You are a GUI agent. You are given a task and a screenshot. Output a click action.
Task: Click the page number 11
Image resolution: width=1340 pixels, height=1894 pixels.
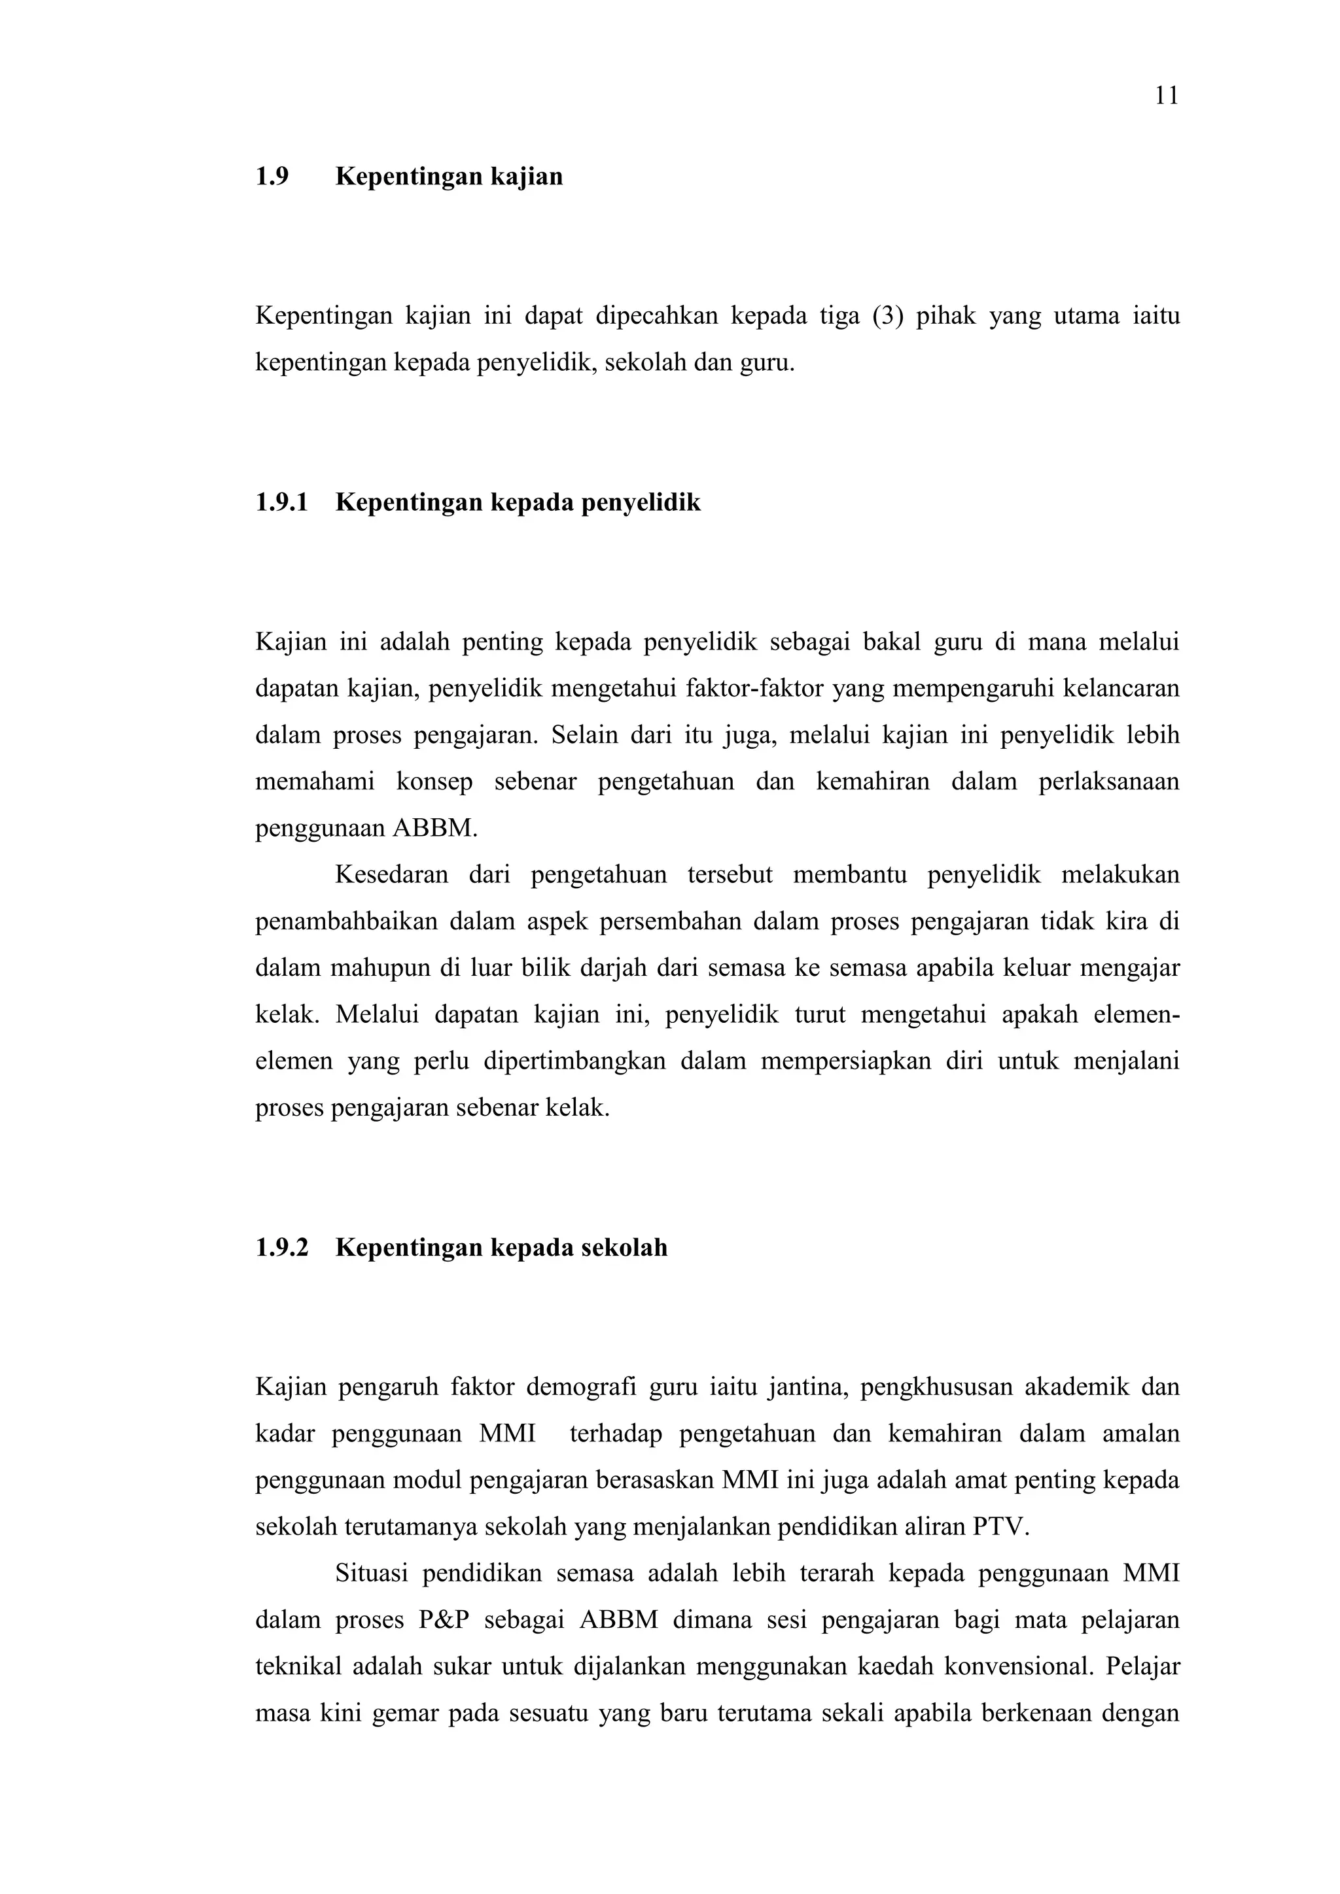click(x=1166, y=97)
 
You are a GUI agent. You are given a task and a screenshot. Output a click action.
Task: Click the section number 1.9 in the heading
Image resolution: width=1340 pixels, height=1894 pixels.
click(x=272, y=177)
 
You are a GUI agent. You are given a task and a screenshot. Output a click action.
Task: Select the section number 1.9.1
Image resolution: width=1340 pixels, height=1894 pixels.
click(x=281, y=502)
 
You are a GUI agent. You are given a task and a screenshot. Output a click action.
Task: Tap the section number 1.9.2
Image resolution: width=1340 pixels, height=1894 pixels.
click(x=281, y=1247)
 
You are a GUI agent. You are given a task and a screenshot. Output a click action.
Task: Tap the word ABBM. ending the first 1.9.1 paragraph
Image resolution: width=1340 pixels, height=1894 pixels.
click(x=435, y=828)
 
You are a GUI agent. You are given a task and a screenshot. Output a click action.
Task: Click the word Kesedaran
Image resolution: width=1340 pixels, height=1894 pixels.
click(x=392, y=875)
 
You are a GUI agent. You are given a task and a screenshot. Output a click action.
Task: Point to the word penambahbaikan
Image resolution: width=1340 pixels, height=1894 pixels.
click(x=345, y=921)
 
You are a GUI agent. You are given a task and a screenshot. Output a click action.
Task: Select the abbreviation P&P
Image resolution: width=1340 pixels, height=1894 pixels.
click(x=443, y=1620)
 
